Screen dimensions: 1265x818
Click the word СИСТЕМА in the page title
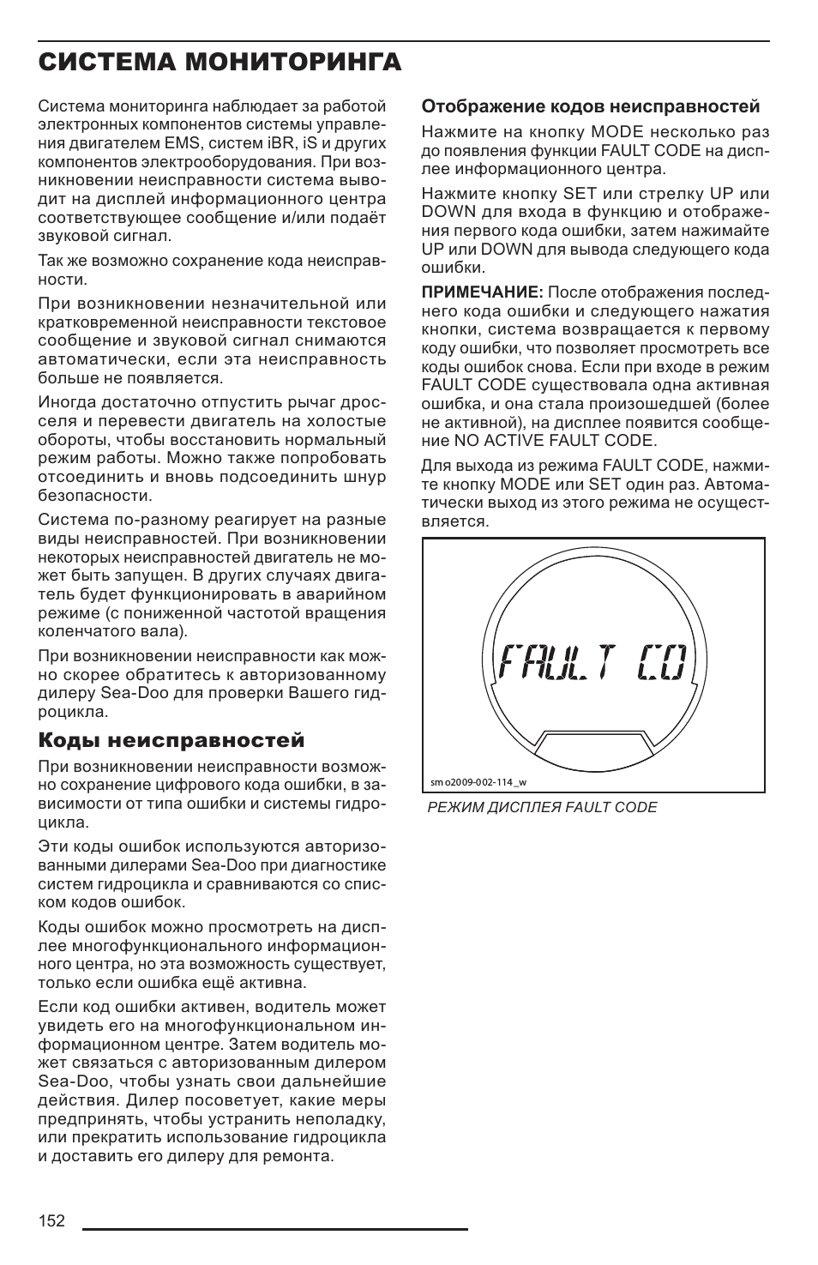point(104,62)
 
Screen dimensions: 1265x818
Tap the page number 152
point(51,1221)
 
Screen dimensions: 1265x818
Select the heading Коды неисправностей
point(171,740)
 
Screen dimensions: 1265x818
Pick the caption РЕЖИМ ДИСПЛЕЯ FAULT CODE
point(544,808)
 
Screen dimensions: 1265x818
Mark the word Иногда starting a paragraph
point(67,403)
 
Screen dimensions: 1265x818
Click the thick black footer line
point(274,1229)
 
